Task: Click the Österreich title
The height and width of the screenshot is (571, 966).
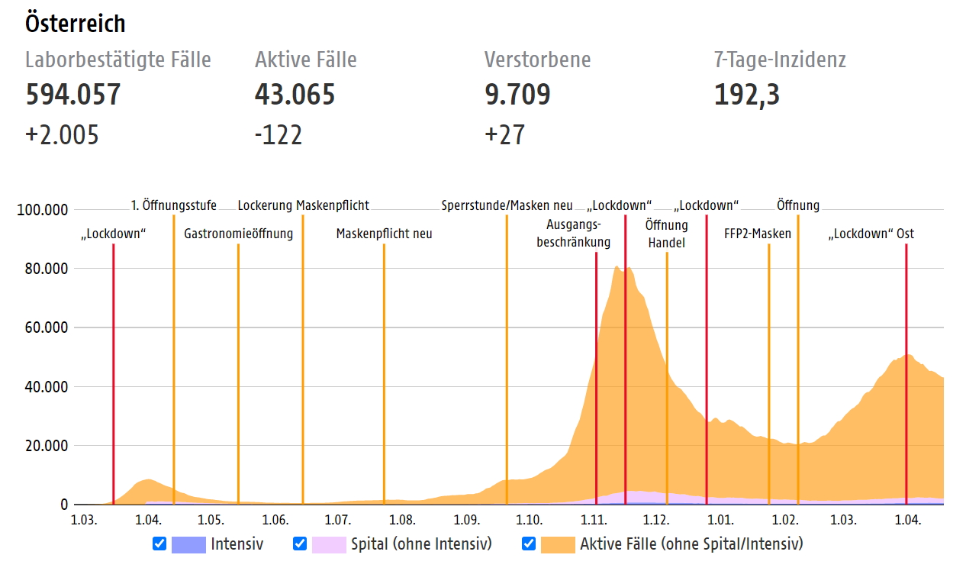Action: [x=76, y=24]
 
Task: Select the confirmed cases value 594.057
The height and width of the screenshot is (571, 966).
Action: [x=73, y=95]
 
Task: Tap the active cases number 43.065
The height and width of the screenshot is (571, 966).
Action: [x=295, y=95]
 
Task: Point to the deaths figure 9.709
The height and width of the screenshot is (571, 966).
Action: [x=517, y=95]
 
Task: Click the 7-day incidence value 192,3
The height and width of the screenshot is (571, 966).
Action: [x=747, y=95]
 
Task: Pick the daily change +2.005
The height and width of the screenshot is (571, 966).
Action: [x=63, y=135]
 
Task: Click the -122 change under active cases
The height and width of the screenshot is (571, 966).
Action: [x=279, y=135]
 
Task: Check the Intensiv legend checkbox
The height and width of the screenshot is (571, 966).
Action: [x=159, y=544]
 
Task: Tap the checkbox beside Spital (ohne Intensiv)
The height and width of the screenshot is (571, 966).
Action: [x=300, y=544]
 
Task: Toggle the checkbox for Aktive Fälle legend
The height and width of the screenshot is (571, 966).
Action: [x=529, y=544]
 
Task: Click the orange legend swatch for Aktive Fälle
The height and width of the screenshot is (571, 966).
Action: [x=557, y=544]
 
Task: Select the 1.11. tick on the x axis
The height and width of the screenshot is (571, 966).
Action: [x=594, y=521]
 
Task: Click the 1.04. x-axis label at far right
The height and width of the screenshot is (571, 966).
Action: [x=906, y=521]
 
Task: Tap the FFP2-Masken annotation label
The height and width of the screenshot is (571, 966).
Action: [x=758, y=234]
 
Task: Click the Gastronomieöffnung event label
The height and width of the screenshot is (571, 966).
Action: [x=238, y=234]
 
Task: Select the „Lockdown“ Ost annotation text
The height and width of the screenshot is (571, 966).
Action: [x=871, y=234]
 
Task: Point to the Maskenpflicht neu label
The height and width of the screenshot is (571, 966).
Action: [x=384, y=234]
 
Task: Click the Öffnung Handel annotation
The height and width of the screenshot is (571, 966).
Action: [x=666, y=234]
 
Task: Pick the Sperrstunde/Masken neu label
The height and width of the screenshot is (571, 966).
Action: [x=507, y=205]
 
